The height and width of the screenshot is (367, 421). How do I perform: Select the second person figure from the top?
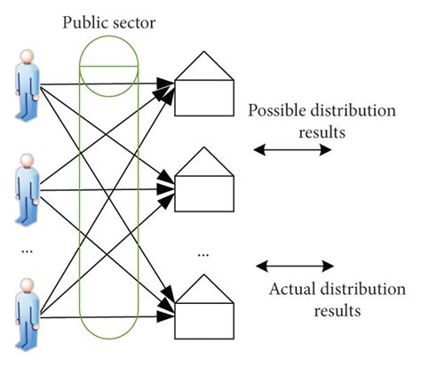[x=27, y=186]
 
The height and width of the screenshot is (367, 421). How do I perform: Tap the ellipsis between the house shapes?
[x=203, y=254]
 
